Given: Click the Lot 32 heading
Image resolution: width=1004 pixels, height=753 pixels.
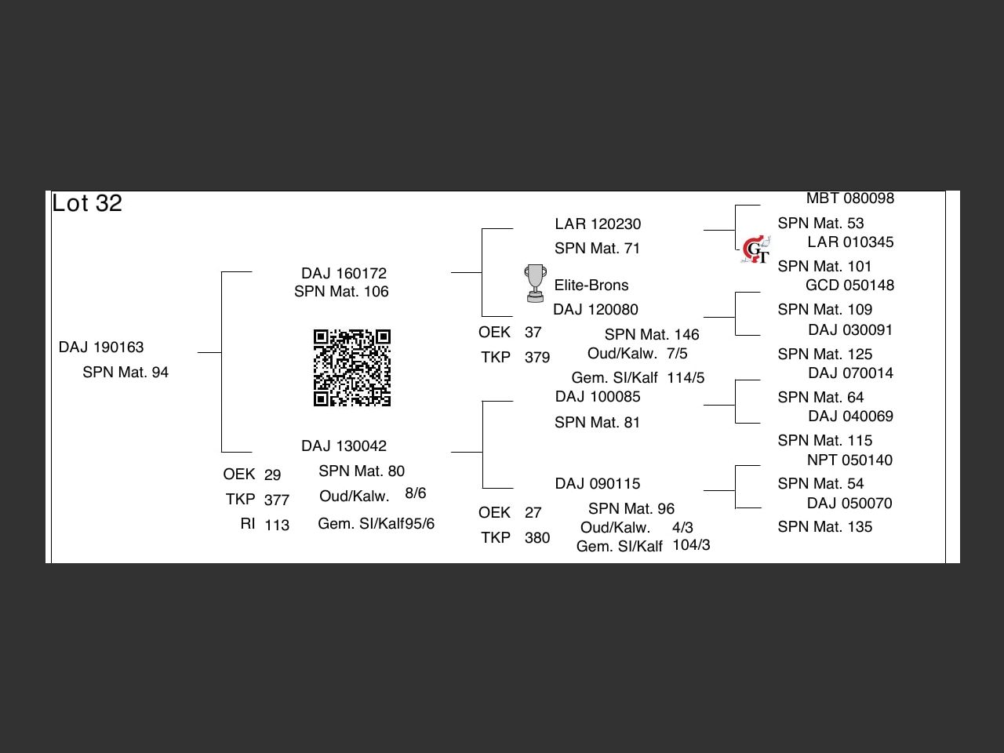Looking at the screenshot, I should (87, 204).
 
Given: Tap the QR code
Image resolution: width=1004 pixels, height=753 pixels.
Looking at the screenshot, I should (352, 368).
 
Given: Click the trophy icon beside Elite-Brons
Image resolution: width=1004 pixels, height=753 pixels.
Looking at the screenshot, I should (535, 283).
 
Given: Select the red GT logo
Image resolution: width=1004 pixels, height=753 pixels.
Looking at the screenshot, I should (755, 250).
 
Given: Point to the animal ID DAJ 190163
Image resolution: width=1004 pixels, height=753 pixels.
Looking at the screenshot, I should (101, 347).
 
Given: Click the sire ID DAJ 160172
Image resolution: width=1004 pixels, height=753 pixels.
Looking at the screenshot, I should (344, 274).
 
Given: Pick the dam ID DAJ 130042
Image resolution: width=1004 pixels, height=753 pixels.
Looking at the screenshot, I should (344, 446).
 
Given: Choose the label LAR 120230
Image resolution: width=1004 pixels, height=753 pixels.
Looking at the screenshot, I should (598, 224).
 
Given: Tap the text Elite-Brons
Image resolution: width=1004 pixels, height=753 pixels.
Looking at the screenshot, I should (591, 286).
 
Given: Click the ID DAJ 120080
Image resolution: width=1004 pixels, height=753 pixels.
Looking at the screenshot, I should (595, 310).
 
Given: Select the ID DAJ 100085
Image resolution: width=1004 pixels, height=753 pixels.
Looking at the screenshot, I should (598, 397).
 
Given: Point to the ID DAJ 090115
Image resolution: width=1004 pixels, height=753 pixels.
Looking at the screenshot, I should (598, 484).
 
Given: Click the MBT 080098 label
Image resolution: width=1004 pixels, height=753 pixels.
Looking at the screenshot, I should (850, 198).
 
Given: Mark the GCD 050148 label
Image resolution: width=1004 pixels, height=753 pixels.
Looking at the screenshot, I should (849, 286).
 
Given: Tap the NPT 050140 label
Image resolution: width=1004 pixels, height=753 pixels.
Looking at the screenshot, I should (849, 460).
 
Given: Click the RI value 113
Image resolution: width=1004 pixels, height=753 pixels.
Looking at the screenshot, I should (277, 526).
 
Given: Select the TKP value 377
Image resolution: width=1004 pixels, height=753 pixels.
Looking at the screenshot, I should (277, 500).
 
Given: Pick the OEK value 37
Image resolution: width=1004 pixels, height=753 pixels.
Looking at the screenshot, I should (533, 333).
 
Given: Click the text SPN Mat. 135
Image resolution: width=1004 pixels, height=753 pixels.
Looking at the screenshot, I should (824, 527).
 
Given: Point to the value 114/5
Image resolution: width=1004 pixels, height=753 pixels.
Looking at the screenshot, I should (686, 378).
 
